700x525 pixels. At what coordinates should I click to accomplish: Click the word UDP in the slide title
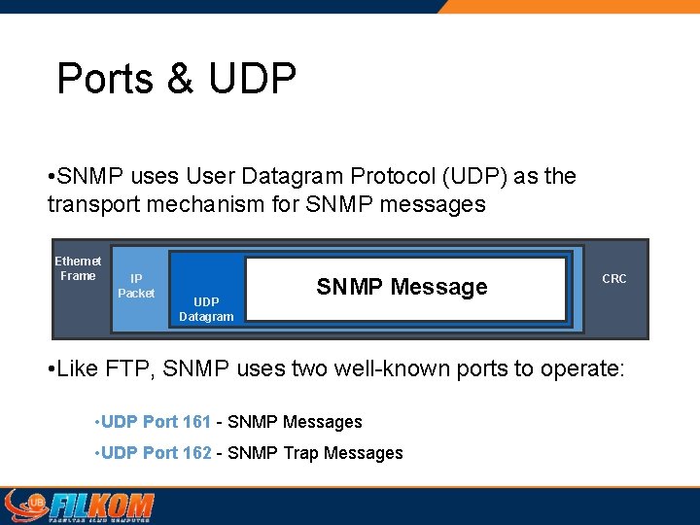[x=252, y=79]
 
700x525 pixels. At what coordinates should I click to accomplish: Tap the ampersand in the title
[x=181, y=79]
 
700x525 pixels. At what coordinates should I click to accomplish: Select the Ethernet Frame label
[x=78, y=268]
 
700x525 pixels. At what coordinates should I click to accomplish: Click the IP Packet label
[x=136, y=286]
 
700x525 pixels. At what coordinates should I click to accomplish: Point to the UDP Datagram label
[x=206, y=309]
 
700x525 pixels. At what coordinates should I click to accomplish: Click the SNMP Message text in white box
[x=402, y=287]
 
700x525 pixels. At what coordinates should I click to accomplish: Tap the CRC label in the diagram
[x=614, y=279]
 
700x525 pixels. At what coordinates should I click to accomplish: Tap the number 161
[x=196, y=422]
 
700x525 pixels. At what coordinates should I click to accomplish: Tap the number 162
[x=196, y=453]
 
